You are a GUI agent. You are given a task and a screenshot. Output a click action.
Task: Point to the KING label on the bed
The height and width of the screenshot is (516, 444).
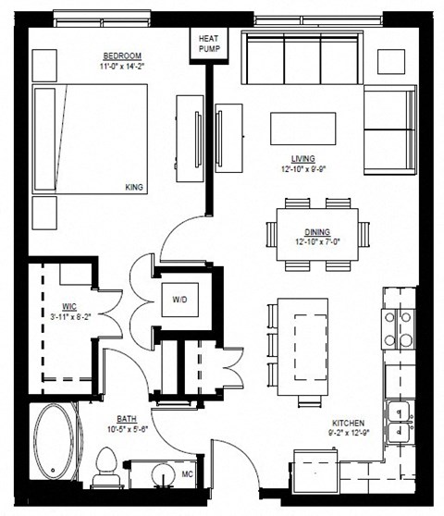135,189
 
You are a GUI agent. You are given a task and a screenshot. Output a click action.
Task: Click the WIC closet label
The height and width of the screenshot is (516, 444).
69,305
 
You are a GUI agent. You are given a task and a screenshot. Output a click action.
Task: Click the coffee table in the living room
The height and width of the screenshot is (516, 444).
303,127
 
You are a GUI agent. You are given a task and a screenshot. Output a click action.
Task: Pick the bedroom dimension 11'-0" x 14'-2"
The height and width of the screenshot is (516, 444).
122,67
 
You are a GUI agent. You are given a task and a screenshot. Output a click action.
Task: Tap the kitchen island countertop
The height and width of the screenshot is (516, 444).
304,351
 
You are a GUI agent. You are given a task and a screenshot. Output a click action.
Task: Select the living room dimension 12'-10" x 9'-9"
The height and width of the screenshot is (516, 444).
304,169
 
